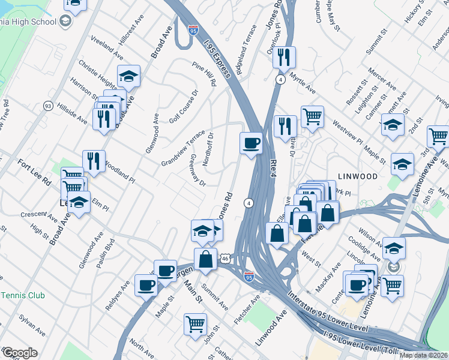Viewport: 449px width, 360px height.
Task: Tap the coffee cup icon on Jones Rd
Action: tap(251, 143)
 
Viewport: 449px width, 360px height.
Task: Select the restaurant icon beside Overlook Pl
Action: tap(284, 58)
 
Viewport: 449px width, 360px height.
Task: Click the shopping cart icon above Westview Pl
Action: tap(312, 115)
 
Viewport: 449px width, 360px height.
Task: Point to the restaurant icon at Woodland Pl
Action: tap(94, 161)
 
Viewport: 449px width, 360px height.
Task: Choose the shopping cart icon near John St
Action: tap(196, 324)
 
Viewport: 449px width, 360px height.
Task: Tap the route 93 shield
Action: tap(48, 106)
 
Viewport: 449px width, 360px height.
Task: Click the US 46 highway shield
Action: tap(224, 257)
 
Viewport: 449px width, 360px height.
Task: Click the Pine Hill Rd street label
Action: tap(204, 74)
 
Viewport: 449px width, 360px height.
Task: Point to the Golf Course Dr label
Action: tap(184, 107)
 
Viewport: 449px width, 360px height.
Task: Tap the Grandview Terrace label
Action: tap(183, 148)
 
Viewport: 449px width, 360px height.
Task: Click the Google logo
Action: tap(19, 353)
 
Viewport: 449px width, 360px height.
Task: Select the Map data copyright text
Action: tap(423, 355)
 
